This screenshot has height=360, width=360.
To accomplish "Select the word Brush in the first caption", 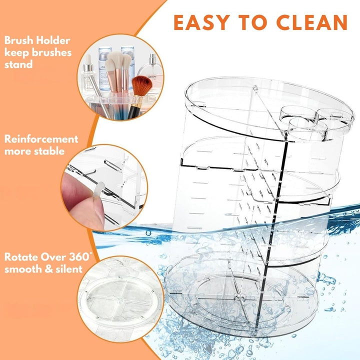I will click(18, 41).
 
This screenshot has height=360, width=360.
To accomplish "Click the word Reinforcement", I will click(41, 139).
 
